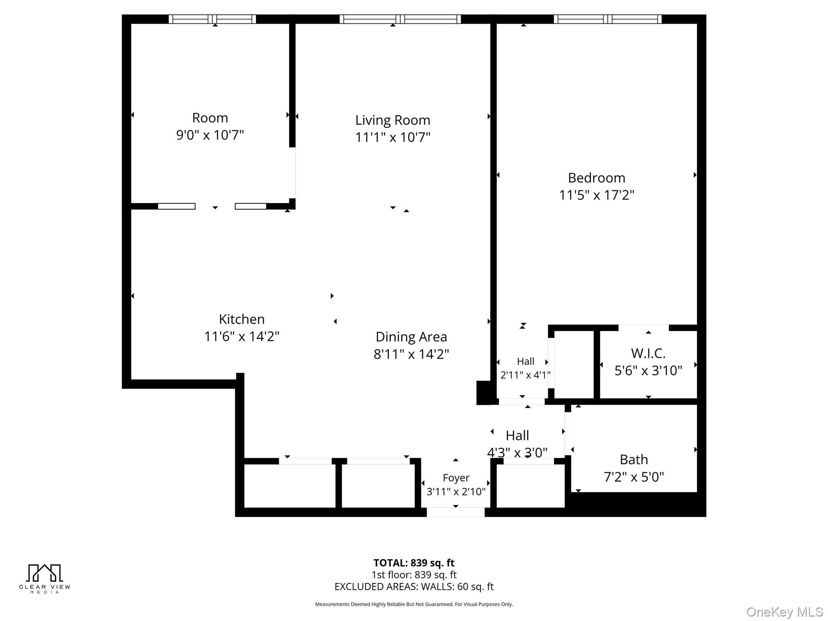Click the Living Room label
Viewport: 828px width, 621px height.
click(x=393, y=120)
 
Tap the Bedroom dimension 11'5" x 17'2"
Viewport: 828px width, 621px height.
click(x=596, y=195)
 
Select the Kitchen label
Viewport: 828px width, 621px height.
click(x=242, y=319)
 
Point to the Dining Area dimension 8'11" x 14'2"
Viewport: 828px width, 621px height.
click(x=411, y=354)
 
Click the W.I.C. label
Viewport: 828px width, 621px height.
click(x=648, y=353)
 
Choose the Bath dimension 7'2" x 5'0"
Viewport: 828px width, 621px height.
click(x=634, y=477)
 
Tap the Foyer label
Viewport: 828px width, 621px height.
click(x=456, y=478)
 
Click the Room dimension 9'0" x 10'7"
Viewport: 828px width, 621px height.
click(x=210, y=135)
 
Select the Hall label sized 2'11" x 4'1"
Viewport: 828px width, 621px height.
click(x=525, y=361)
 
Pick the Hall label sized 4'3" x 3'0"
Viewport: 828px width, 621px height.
click(x=517, y=435)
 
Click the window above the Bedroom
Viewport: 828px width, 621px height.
click(x=607, y=19)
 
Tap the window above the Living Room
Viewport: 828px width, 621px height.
click(x=400, y=19)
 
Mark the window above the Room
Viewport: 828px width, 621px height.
click(x=212, y=19)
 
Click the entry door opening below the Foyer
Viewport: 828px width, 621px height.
click(x=456, y=512)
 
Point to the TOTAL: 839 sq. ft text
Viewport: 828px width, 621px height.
click(x=414, y=563)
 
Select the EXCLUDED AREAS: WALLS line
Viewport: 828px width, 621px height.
click(x=414, y=587)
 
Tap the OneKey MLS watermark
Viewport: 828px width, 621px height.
click(x=784, y=612)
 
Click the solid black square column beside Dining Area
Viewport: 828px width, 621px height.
click(x=484, y=393)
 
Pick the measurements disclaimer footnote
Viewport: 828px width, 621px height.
click(x=414, y=604)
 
